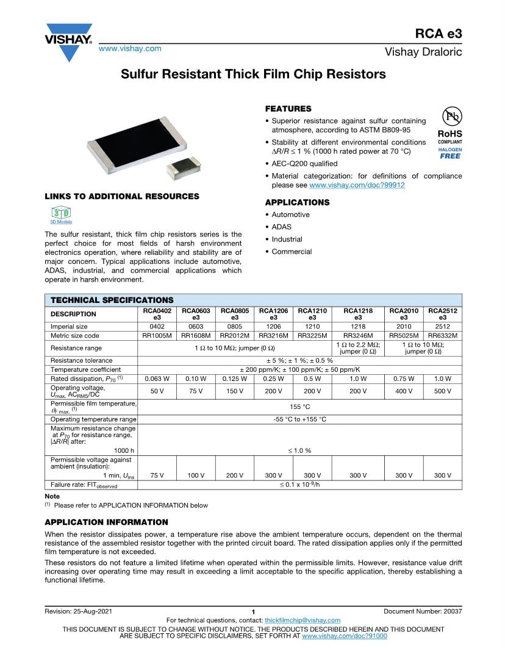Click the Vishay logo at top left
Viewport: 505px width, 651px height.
point(68,41)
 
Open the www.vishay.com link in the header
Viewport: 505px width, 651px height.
point(130,48)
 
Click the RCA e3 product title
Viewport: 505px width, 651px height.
point(439,34)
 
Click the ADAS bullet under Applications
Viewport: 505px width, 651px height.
point(281,227)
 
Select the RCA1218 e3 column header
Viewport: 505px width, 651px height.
point(358,314)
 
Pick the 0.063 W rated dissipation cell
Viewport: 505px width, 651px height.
point(157,379)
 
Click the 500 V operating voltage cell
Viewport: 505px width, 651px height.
point(442,391)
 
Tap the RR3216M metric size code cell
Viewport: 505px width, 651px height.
point(273,335)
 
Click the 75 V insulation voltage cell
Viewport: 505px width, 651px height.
point(157,475)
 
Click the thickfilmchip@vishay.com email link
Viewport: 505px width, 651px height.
point(303,620)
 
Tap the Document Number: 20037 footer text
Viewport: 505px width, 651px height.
point(423,611)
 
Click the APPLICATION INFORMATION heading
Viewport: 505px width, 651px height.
point(106,522)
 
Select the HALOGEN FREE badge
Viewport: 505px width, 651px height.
point(450,153)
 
